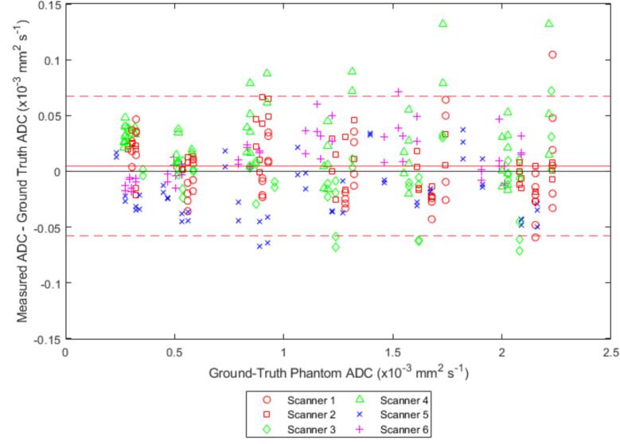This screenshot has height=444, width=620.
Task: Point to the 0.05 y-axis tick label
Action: (x=46, y=116)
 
